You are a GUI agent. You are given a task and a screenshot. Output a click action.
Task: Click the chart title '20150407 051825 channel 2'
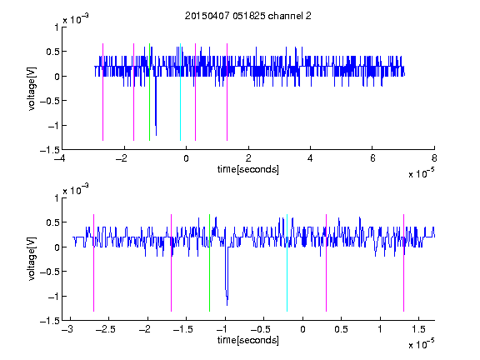(x=248, y=16)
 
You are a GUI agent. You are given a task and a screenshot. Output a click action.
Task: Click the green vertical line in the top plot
(x=149, y=92)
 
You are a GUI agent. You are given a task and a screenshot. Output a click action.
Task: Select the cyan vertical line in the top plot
(x=180, y=92)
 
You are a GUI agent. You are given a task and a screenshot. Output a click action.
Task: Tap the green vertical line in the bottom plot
(x=209, y=262)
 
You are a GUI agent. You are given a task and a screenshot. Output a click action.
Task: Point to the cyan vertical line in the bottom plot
(x=287, y=262)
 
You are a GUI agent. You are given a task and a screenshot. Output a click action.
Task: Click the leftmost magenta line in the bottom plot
(x=93, y=262)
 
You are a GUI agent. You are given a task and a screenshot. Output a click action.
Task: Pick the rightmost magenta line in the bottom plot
(x=403, y=262)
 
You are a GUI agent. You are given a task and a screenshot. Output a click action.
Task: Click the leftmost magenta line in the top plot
(x=102, y=92)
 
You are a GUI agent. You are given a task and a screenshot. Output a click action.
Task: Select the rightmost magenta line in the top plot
(x=227, y=92)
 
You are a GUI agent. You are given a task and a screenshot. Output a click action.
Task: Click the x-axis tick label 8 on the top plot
(x=434, y=158)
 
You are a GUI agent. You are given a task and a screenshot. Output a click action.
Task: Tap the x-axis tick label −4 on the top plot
(x=60, y=158)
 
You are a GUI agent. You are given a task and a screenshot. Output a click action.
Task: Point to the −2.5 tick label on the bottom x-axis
(x=105, y=329)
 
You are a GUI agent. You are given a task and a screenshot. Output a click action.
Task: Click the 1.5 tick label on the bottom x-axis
(x=418, y=329)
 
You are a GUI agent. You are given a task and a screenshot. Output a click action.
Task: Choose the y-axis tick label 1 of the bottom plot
(x=56, y=198)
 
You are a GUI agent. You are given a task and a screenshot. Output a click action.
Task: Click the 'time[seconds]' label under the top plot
(x=248, y=169)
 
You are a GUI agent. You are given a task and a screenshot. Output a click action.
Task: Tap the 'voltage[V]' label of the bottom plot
(x=32, y=258)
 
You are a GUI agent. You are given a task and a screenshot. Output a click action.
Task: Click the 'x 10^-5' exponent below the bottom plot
(x=421, y=344)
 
